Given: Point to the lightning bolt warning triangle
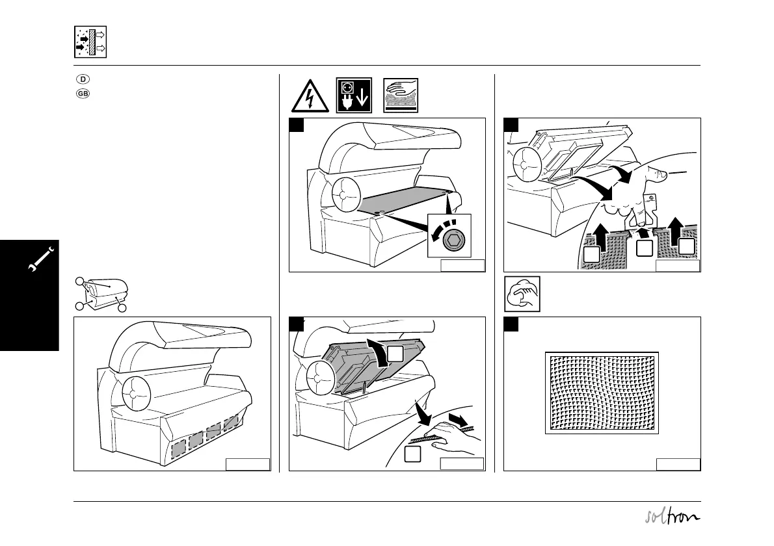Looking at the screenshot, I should pyautogui.click(x=310, y=96).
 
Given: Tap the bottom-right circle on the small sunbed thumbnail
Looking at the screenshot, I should pyautogui.click(x=120, y=307).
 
